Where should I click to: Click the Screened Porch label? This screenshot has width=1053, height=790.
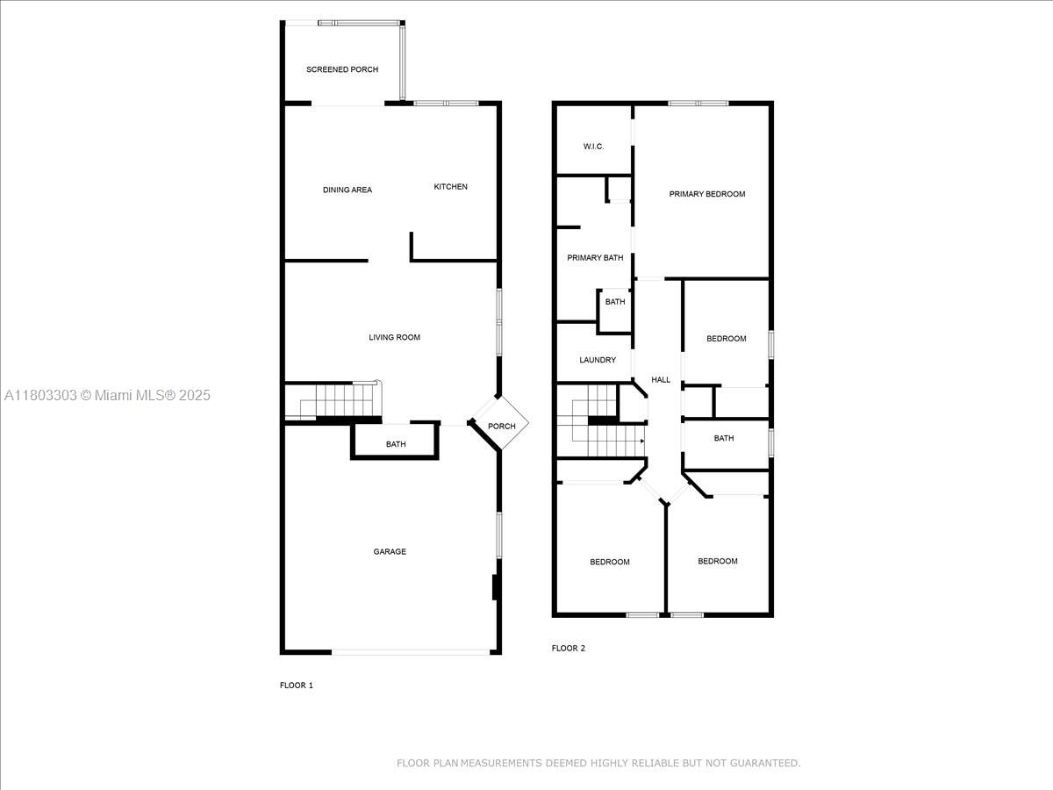[342, 69]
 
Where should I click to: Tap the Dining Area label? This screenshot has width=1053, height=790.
[347, 190]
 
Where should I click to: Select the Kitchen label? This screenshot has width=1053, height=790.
[450, 187]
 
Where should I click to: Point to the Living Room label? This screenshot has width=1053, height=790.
[394, 337]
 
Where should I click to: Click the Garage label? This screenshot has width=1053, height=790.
[390, 551]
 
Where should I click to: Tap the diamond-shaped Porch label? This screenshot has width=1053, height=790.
[502, 426]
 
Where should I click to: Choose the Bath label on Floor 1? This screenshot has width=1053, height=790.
[396, 444]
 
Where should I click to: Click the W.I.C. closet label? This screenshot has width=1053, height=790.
[593, 147]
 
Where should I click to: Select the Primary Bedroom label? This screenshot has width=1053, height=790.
[707, 194]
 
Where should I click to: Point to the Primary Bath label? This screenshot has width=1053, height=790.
[595, 257]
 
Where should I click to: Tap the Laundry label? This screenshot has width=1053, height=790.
[598, 360]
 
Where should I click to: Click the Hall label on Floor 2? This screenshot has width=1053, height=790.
[661, 379]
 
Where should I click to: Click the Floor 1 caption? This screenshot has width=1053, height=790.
[296, 685]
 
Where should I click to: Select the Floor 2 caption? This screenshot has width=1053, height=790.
[568, 648]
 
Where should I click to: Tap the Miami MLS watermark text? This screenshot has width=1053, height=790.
[107, 395]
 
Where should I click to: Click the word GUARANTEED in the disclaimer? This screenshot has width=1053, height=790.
[765, 763]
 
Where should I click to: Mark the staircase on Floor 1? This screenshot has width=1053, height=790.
[333, 400]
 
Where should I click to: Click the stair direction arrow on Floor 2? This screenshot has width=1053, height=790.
[641, 441]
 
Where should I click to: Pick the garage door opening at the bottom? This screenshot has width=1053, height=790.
[411, 652]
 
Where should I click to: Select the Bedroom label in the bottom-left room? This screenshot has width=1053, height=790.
[609, 562]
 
